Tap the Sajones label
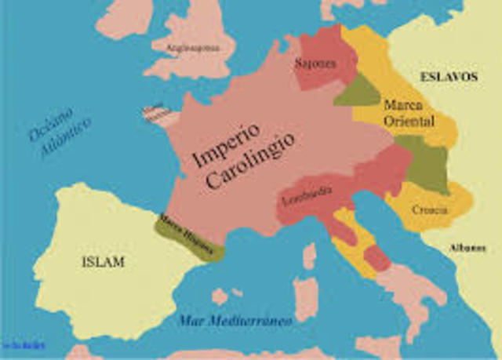[315, 63]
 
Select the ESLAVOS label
[448, 77]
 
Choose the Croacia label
[430, 209]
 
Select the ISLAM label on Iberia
[103, 262]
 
